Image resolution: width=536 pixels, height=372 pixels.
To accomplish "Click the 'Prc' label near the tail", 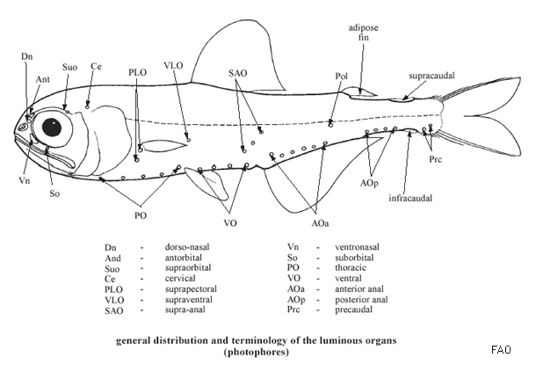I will click(x=436, y=160).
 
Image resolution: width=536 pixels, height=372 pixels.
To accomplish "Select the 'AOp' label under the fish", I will click(x=369, y=183).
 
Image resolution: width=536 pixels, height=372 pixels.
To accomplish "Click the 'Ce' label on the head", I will click(x=95, y=67).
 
